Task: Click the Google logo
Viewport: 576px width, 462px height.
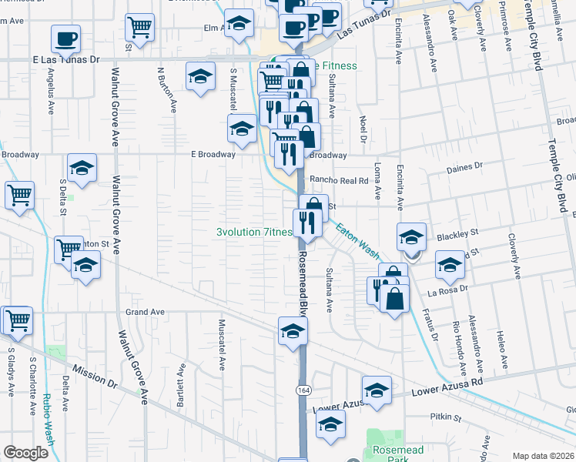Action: pos(25,453)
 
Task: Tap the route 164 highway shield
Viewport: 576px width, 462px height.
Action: pos(303,391)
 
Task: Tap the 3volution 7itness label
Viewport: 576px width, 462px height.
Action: pos(254,232)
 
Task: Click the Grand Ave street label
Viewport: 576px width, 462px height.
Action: pos(146,312)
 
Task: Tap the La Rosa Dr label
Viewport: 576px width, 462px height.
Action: pos(443,293)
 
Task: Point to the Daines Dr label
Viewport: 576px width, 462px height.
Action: pos(464,166)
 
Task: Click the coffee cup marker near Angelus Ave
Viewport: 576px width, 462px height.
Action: pos(66,38)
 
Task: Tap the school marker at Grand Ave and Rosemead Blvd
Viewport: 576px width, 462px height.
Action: pos(293,332)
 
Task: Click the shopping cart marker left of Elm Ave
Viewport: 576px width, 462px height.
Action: pos(139,27)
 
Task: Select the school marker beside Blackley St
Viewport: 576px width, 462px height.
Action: pos(411,236)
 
